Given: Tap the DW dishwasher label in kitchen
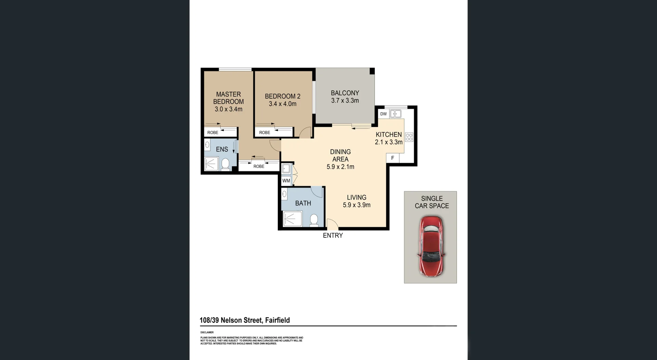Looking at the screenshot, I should pos(383,114).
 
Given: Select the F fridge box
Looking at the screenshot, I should pos(392,158).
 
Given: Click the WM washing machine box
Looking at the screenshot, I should pos(286,181).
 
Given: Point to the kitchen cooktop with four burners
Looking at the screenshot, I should pos(409,137).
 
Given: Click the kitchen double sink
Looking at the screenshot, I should pos(396,114).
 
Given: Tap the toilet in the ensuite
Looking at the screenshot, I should pos(225,164).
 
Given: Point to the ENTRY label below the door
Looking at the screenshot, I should pos(333,235).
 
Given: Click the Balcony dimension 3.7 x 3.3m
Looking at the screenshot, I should pos(345,101).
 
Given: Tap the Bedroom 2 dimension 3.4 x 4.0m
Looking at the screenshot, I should pos(282,104).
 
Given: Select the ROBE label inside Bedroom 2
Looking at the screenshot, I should pos(265,132).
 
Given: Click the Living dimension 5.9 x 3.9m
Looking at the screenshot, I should pos(357,205).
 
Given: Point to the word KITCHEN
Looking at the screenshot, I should pos(389,134).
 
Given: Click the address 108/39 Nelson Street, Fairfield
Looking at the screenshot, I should pos(245,320).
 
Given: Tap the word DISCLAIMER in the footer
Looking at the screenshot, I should pos(207,332).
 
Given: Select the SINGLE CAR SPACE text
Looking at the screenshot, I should pos(431,202).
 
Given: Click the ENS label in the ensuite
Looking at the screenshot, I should pos(222,149).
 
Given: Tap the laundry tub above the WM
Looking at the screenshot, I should pos(286,169).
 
